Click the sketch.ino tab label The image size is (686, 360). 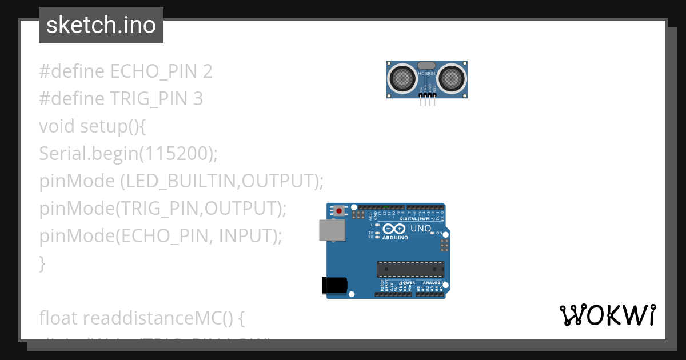pos(101,25)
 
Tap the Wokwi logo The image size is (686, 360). pos(607,315)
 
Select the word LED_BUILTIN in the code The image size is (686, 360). pos(181,181)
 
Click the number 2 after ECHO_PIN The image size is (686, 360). pos(208,71)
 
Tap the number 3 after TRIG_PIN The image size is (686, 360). pos(198,99)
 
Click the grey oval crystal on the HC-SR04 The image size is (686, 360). pos(427,66)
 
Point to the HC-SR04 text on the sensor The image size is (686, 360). pos(427,74)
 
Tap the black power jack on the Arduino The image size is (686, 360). pos(334,285)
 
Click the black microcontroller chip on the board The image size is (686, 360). pos(410,269)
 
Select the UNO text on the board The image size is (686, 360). pos(421,229)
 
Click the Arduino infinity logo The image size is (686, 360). pos(394,230)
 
